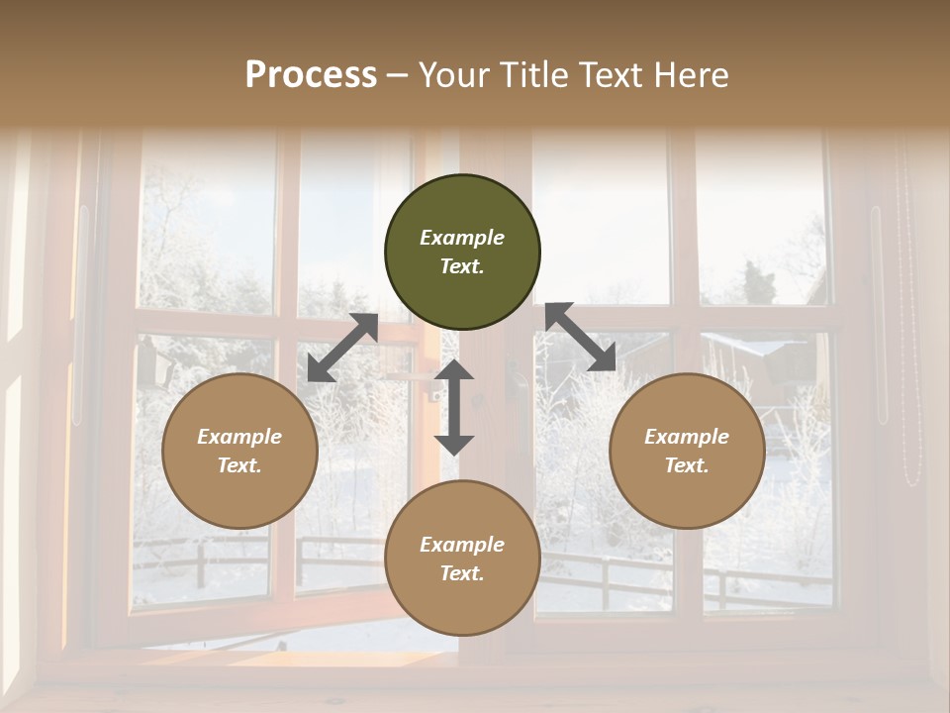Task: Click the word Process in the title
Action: [x=311, y=75]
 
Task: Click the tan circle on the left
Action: [x=239, y=451]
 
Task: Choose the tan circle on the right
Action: [x=687, y=451]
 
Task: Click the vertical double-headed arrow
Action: [x=454, y=407]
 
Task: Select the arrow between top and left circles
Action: [x=342, y=348]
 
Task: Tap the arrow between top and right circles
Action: [x=581, y=338]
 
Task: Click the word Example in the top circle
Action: [x=462, y=238]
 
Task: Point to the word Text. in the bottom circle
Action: [x=462, y=573]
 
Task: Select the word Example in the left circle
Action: [x=239, y=437]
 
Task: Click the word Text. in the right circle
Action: [x=687, y=465]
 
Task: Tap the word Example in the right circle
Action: [x=687, y=437]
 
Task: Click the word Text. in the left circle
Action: [x=239, y=465]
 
